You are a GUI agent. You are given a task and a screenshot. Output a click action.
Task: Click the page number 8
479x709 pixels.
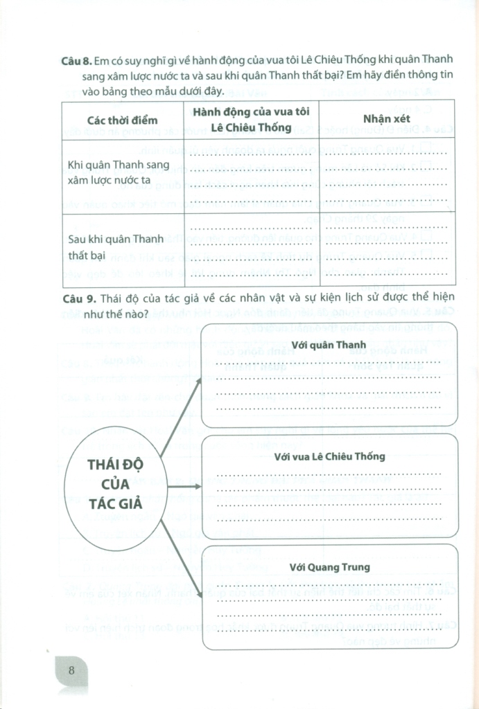pos(71,670)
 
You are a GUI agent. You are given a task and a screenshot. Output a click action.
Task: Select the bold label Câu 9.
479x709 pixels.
pos(76,298)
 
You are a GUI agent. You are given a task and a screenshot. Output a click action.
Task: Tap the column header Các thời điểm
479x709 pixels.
pos(123,120)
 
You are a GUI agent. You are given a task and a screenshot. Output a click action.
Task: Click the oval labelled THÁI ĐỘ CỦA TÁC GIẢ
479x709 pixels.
pos(116,485)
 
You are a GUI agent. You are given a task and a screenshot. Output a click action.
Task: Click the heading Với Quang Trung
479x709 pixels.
pos(329,567)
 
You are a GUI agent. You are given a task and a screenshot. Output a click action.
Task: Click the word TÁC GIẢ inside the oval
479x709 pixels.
pos(116,503)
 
